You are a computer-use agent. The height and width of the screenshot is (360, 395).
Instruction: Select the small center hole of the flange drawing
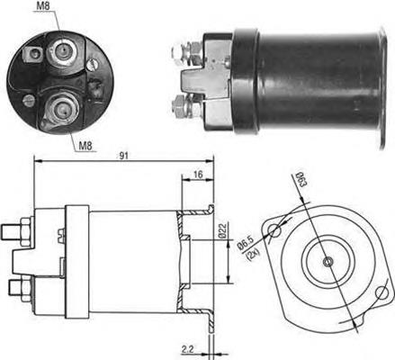(327, 262)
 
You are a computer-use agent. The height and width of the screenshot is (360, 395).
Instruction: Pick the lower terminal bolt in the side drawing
(18, 288)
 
